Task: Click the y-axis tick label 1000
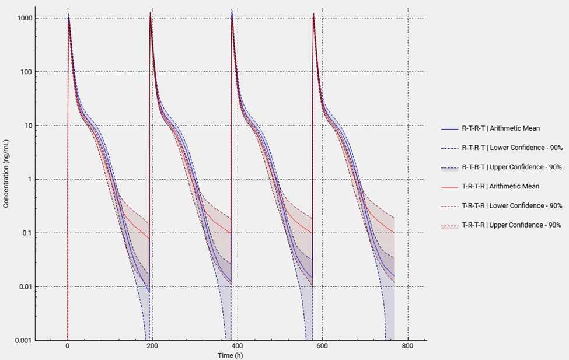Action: (24, 18)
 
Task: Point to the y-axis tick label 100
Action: (26, 72)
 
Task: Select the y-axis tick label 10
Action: (27, 125)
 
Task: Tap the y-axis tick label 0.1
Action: (26, 233)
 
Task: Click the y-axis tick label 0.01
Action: (25, 286)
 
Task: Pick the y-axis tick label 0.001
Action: (23, 340)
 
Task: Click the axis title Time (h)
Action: (231, 355)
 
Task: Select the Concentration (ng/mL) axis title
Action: (6, 174)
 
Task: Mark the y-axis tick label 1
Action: (29, 179)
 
